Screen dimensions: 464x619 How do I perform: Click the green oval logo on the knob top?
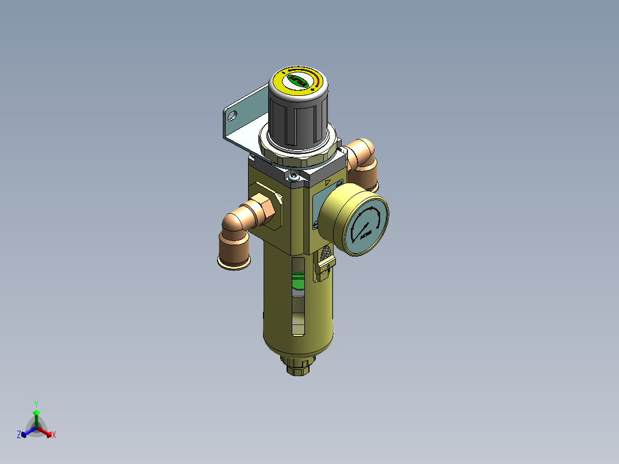pos(298,81)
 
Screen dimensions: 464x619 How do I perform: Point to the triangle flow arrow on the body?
pos(327,183)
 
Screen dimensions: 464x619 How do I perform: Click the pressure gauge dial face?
pos(365,225)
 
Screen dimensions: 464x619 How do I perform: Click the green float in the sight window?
pos(297,281)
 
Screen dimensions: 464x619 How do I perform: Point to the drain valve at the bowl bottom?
pos(299,364)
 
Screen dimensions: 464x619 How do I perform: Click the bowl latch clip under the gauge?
pos(324,268)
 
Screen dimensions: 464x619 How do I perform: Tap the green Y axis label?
pos(36,404)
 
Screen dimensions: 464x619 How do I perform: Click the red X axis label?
pos(53,435)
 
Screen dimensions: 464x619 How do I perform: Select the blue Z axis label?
pos(19,435)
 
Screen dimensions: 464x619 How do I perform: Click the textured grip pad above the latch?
pos(325,252)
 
